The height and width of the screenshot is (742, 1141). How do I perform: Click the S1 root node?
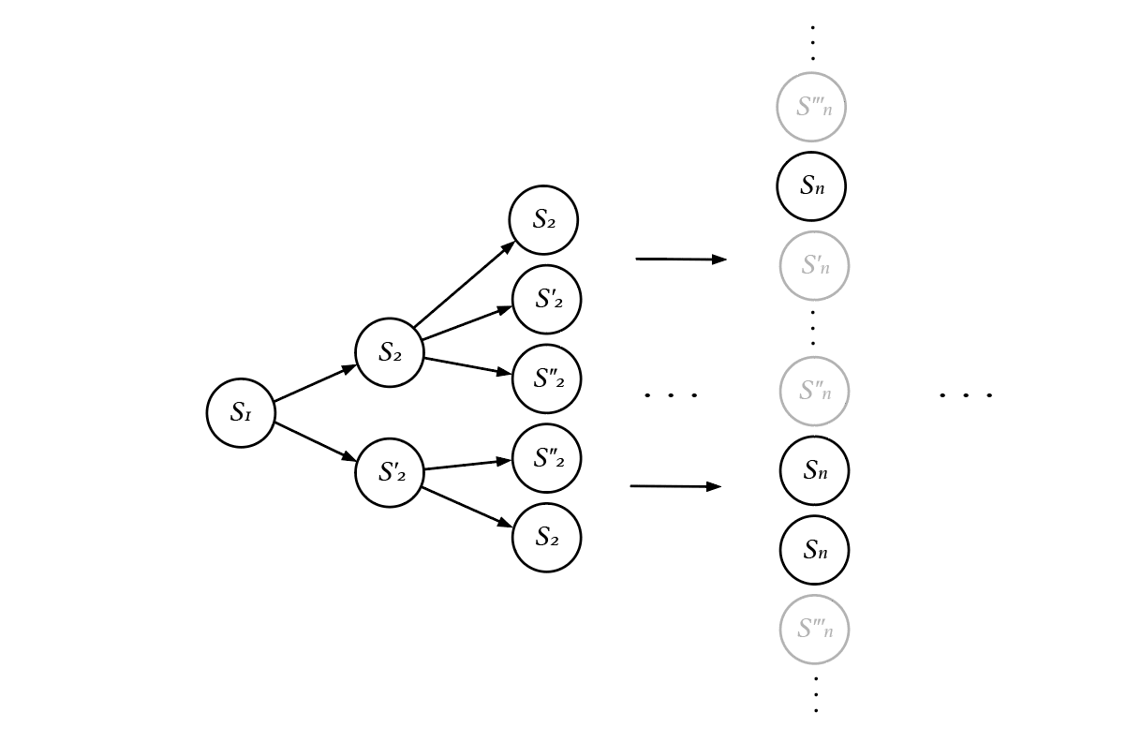[x=241, y=413]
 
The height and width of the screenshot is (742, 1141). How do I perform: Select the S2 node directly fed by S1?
[x=390, y=353]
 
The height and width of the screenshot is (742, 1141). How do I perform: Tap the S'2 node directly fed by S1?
[x=390, y=472]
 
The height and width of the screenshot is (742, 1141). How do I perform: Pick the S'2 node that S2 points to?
[x=547, y=299]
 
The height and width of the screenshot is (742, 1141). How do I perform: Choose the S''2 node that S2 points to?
[x=547, y=378]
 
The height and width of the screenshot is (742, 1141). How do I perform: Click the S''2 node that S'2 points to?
[x=547, y=458]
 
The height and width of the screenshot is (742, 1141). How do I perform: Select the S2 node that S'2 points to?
[x=547, y=537]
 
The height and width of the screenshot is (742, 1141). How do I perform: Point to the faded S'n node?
[x=814, y=266]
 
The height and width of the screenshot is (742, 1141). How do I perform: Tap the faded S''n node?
[x=814, y=392]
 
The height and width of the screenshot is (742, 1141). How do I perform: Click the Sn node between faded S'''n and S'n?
[x=811, y=186]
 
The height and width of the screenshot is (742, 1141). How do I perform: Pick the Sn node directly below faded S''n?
[x=814, y=470]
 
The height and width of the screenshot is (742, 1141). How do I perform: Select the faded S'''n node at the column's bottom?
[x=814, y=630]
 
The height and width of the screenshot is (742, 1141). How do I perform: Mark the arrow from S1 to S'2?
[x=315, y=442]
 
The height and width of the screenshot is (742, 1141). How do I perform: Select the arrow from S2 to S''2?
[x=467, y=365]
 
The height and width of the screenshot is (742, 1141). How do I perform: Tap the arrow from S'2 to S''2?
[x=467, y=465]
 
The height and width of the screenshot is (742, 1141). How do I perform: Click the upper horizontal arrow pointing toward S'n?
[x=681, y=259]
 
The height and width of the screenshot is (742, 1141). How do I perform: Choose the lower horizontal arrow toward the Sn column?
[x=675, y=486]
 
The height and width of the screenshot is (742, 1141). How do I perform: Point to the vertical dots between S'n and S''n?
[x=813, y=328]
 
